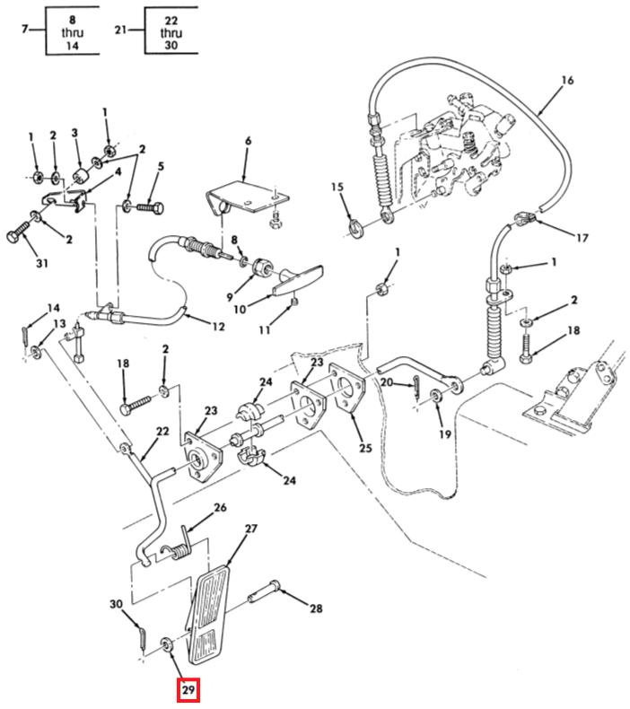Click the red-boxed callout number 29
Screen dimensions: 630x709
[x=188, y=689]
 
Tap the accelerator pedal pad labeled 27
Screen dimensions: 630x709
[x=209, y=614]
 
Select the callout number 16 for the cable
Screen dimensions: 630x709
[x=567, y=81]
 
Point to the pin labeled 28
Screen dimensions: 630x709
[x=264, y=591]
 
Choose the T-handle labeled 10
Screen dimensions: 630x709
[x=299, y=280]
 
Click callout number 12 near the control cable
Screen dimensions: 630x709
[x=218, y=326]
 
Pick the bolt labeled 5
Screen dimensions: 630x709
[x=150, y=209]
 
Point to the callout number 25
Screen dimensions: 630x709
[x=365, y=448]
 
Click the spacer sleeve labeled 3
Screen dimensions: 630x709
[x=82, y=174]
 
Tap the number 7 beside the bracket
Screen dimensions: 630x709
[x=25, y=29]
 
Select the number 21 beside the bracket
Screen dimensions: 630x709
[x=120, y=30]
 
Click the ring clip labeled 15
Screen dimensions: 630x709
[x=357, y=227]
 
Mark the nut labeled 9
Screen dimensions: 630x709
[x=261, y=267]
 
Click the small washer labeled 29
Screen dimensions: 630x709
[x=166, y=643]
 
